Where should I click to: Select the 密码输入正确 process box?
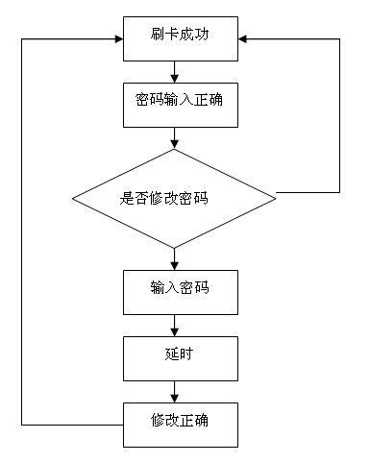point(180,99)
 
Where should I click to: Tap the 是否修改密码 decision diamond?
point(174,199)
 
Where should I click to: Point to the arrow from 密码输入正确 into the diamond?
point(174,138)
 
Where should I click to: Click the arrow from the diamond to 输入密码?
point(174,256)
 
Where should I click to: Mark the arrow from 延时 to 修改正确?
point(174,390)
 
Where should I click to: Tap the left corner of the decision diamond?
point(73,199)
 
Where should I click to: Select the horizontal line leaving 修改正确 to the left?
point(72,423)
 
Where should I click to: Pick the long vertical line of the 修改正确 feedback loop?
point(21,231)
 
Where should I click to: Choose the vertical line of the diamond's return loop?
point(339,115)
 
